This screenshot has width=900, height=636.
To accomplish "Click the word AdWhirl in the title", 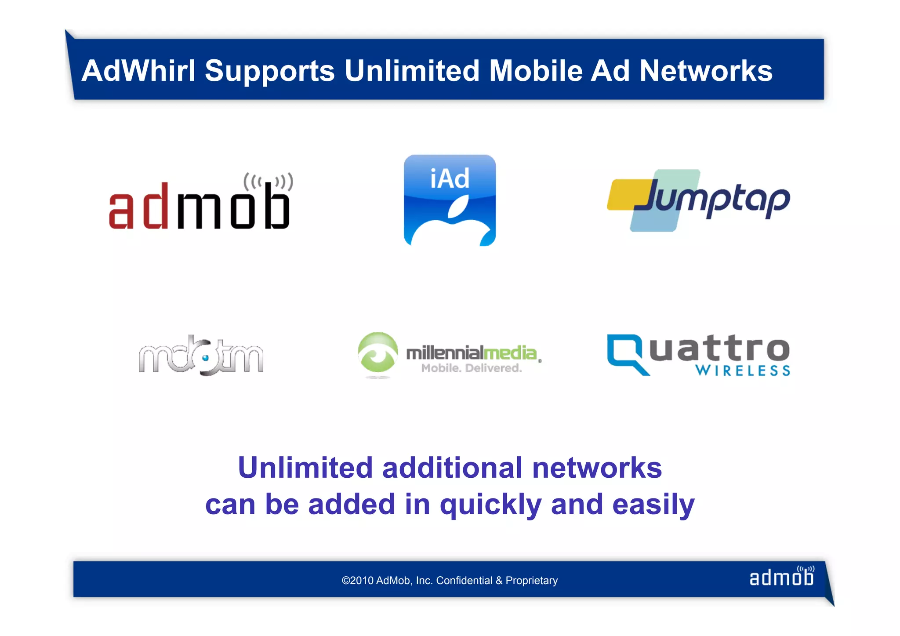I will click(138, 71).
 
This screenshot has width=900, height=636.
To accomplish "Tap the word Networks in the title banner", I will click(706, 71).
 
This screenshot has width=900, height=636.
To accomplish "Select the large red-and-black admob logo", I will click(200, 202).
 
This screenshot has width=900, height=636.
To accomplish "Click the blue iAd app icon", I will click(450, 200).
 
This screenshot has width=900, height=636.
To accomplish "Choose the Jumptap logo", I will click(699, 200).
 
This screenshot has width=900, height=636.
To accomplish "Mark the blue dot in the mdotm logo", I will click(205, 358).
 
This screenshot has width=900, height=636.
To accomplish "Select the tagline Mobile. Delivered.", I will click(472, 368).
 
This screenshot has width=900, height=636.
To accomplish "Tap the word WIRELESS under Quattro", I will click(743, 371).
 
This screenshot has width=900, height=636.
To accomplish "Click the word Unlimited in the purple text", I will click(305, 467).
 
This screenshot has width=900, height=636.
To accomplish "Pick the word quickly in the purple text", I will click(490, 505).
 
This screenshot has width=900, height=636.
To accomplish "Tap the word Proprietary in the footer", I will click(531, 581).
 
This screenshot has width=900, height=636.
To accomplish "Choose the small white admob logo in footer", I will click(781, 577).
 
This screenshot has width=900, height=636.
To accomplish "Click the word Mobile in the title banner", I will click(536, 71).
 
